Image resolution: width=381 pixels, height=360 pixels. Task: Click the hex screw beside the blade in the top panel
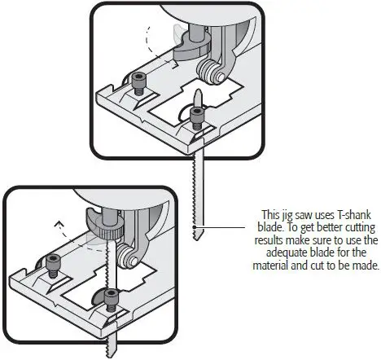pyautogui.click(x=195, y=116)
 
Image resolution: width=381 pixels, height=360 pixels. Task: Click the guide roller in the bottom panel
pyautogui.click(x=126, y=260)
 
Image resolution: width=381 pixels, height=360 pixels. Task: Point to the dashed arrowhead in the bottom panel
pyautogui.click(x=57, y=221)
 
